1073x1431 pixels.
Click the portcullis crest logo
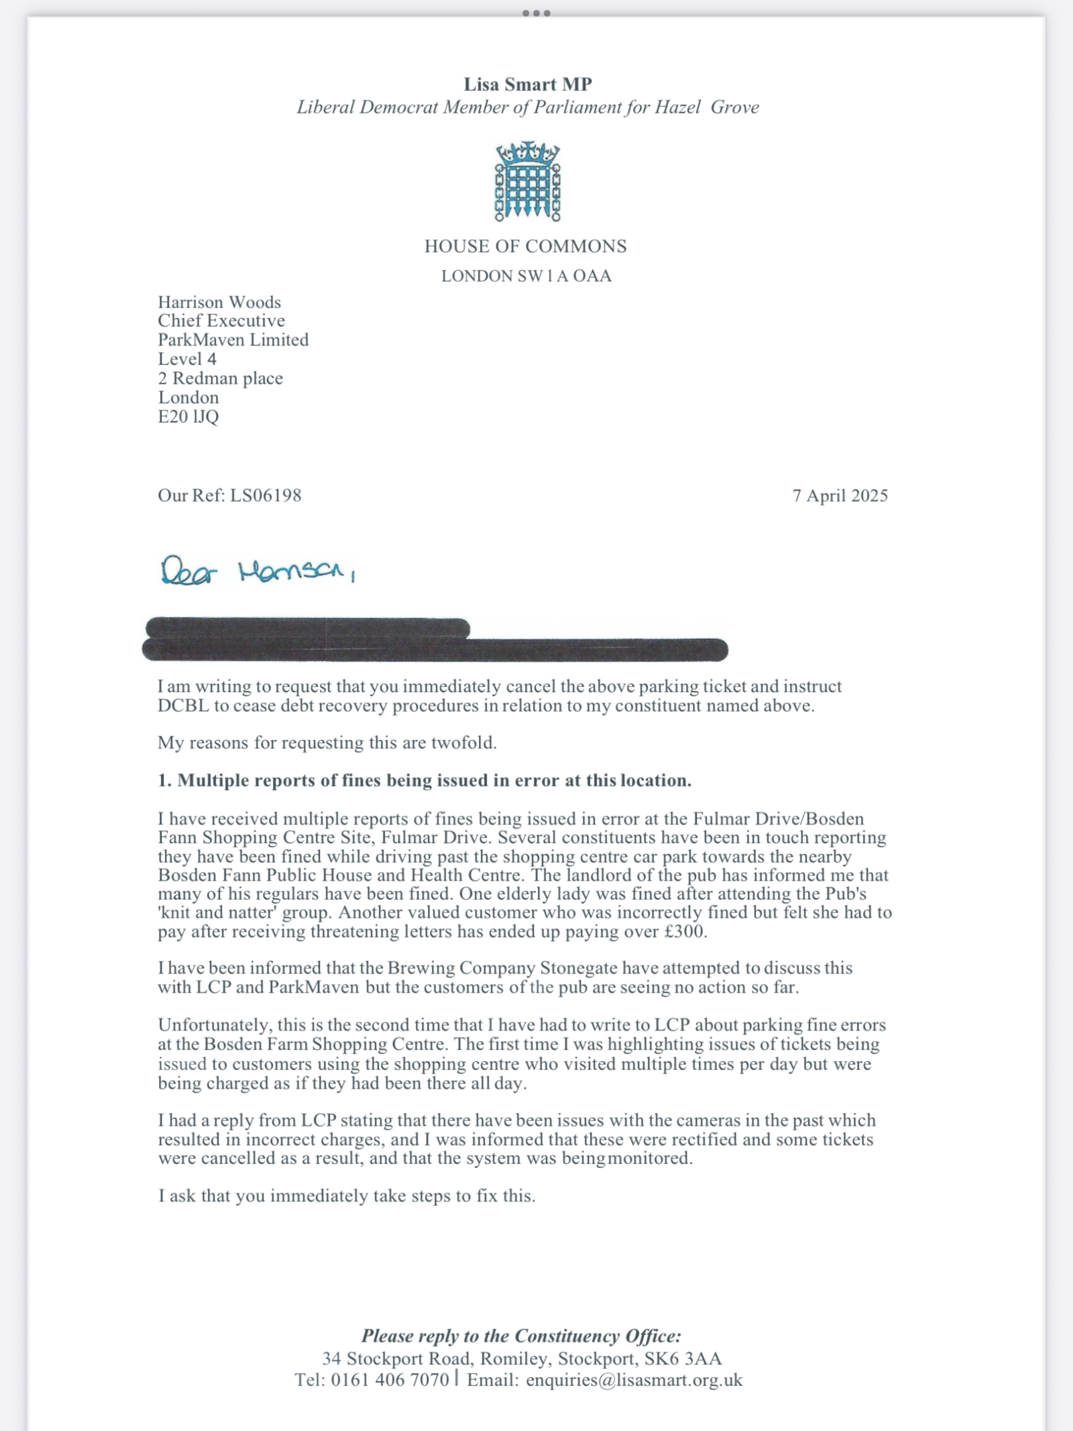528,182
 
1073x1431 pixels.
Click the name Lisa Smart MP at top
528,85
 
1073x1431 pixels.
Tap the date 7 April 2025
840,496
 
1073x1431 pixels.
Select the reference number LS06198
266,496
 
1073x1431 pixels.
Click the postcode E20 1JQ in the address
188,417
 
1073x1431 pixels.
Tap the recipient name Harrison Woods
219,302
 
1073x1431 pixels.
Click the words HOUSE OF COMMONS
525,246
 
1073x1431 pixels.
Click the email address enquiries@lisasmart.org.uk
634,1380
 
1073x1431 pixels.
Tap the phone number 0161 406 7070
390,1380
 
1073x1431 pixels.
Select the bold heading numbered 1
425,780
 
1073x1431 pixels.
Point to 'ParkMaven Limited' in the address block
233,340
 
